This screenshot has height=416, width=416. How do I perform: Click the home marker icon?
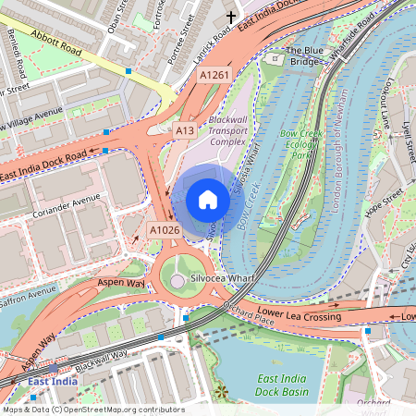207,200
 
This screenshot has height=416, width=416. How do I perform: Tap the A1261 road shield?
214,75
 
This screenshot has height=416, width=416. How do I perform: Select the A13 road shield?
185,131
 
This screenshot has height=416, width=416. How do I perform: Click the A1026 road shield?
164,229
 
